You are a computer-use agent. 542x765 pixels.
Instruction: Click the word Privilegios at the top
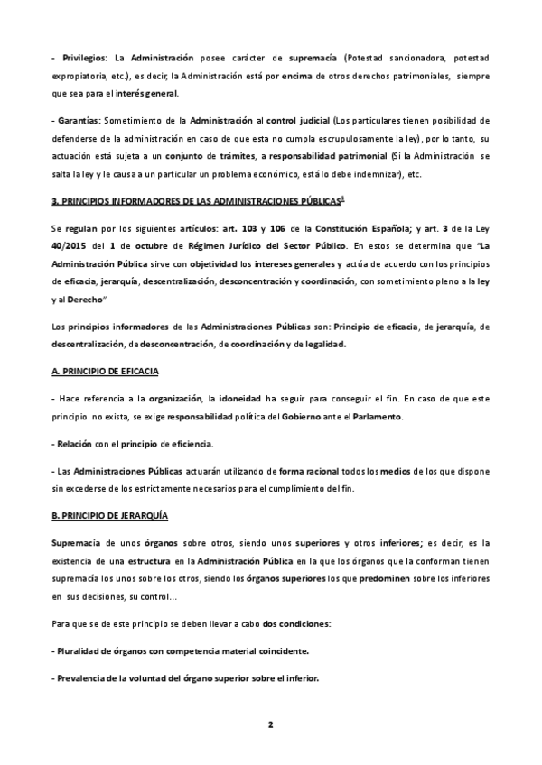tap(82, 58)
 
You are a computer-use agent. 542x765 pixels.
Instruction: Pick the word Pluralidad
tap(86, 651)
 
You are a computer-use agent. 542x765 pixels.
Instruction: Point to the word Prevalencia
tap(88, 678)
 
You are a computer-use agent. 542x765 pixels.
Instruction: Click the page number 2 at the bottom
tap(270, 724)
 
